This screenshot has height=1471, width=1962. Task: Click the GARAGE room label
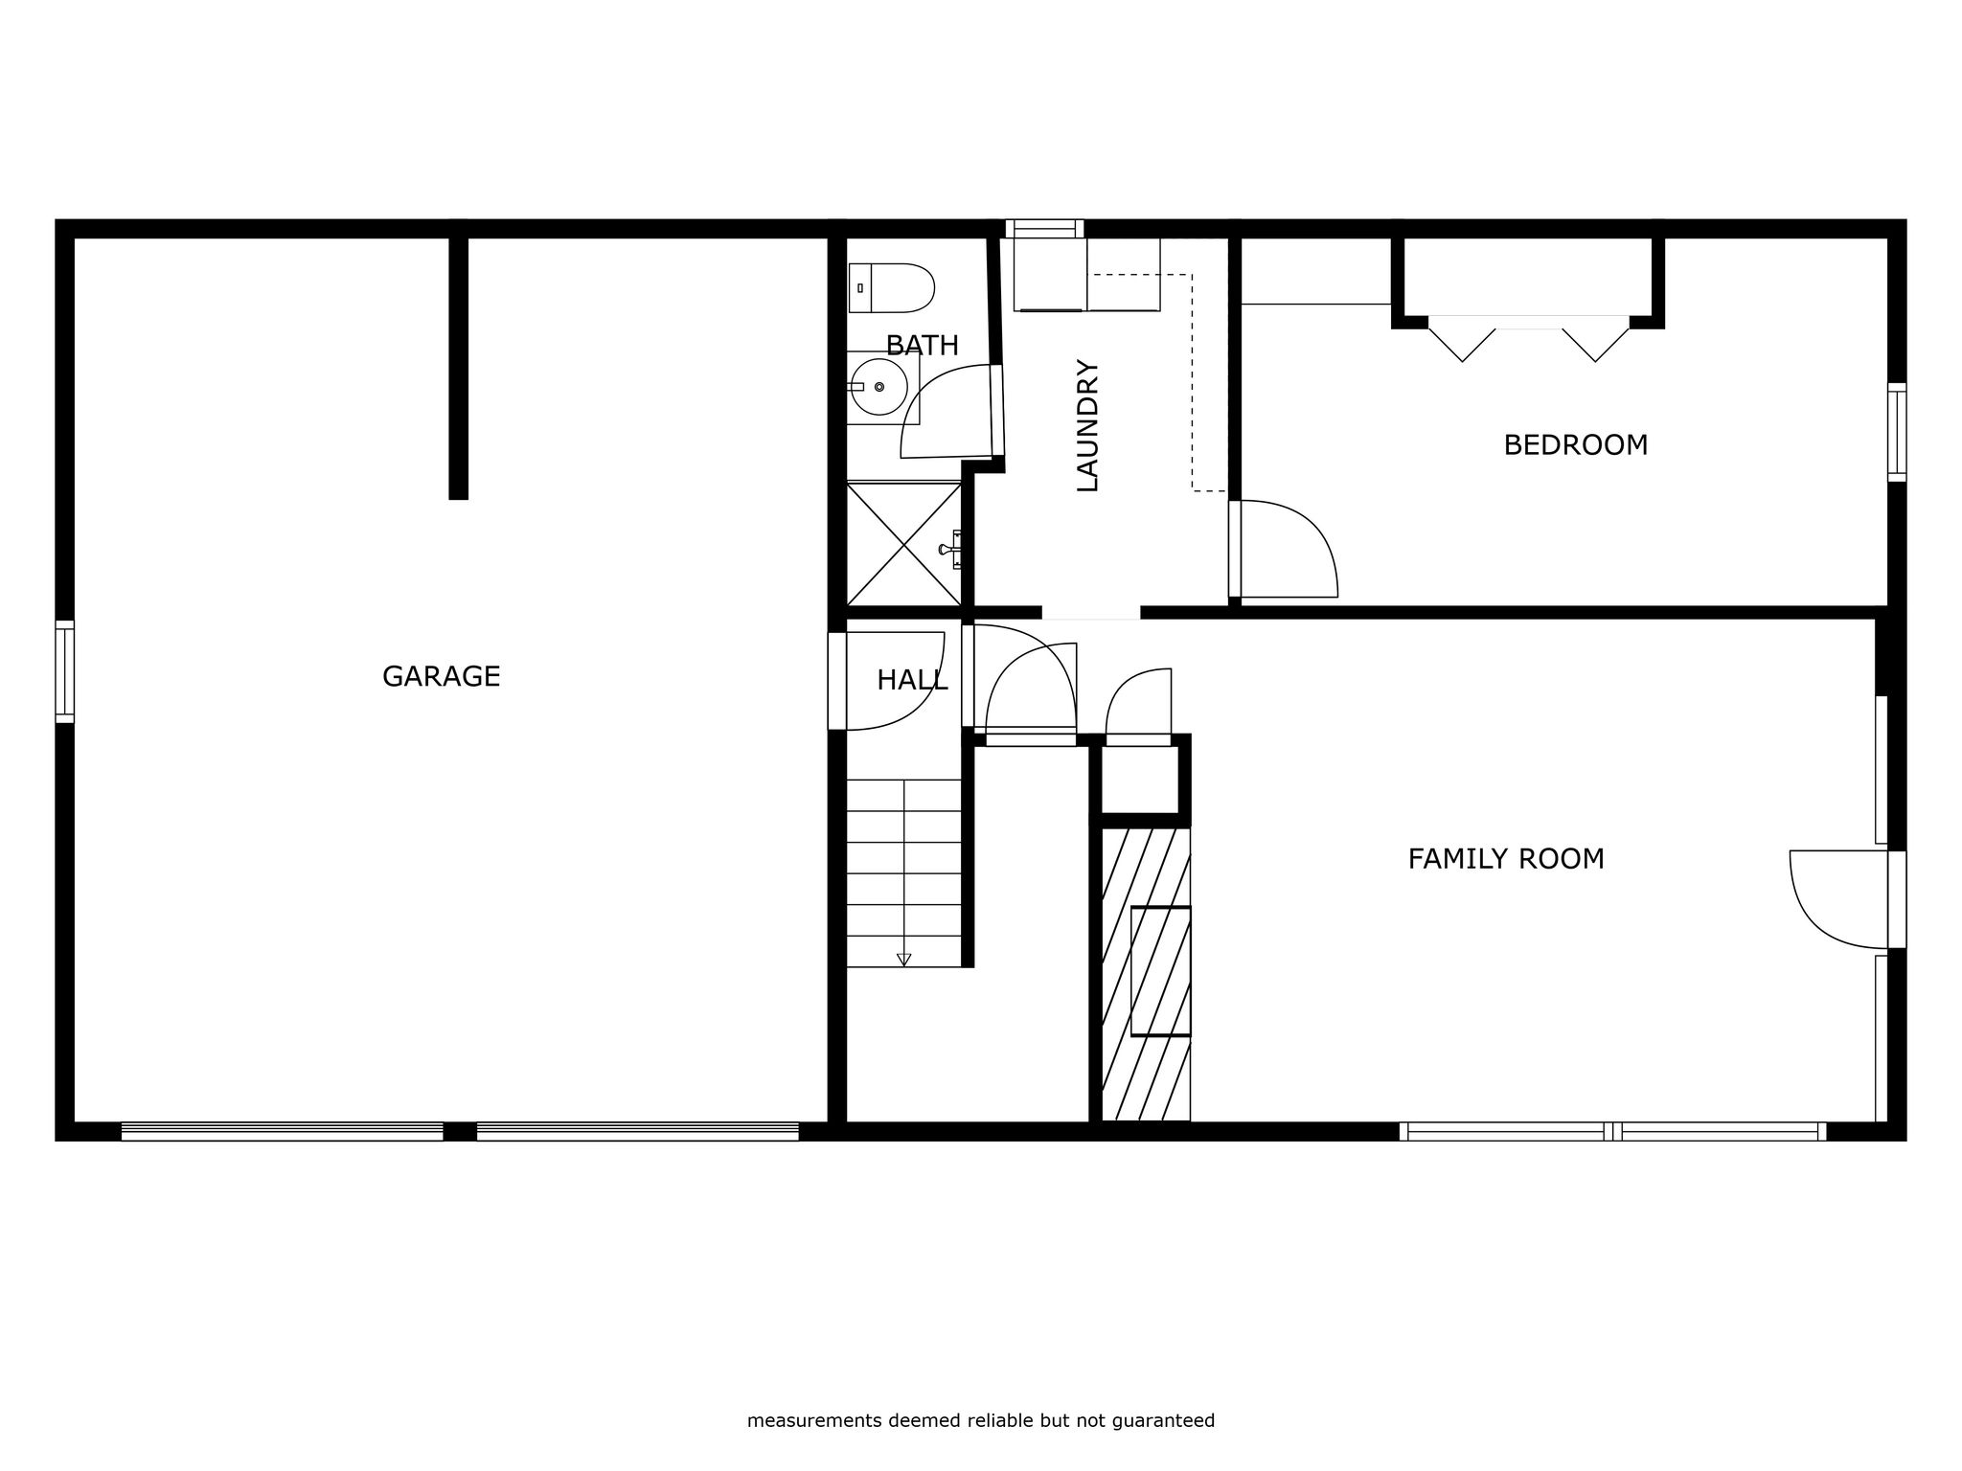click(x=441, y=677)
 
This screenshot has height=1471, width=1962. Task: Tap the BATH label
click(x=922, y=346)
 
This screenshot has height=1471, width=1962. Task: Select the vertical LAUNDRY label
click(x=1087, y=425)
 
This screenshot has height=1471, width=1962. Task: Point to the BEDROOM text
click(x=1575, y=445)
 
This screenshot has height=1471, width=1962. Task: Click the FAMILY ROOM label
click(x=1506, y=859)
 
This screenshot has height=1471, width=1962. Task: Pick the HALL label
click(x=912, y=680)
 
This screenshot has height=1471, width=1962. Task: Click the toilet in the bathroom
click(x=891, y=287)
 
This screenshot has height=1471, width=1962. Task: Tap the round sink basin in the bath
click(x=878, y=387)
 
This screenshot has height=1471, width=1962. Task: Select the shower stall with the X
click(x=904, y=545)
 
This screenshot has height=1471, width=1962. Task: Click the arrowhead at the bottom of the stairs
click(x=903, y=960)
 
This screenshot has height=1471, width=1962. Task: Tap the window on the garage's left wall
click(x=64, y=671)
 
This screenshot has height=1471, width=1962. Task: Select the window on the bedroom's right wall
click(x=1897, y=432)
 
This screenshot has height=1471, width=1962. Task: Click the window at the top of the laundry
click(x=1044, y=229)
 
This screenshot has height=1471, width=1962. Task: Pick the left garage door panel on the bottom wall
click(x=283, y=1131)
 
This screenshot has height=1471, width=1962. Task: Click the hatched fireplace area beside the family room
click(x=1146, y=974)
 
